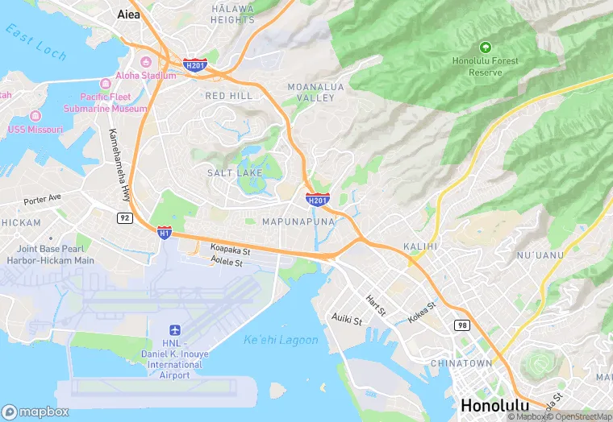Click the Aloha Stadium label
pos(145,76)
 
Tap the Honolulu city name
pos(494,405)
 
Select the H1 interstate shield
pos(165,232)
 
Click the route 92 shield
pos(124,217)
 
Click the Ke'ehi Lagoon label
pos(281,340)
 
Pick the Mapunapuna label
pos(298,221)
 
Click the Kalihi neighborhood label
pos(419,246)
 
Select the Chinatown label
pos(461,363)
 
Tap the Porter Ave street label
pos(42,199)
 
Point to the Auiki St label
pos(347,320)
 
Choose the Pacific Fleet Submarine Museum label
pos(105,102)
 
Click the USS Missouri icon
pos(34,116)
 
